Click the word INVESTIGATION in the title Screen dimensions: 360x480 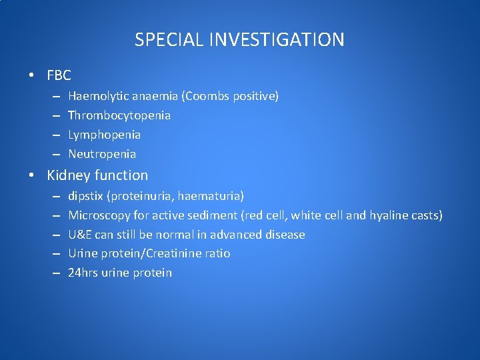(x=279, y=40)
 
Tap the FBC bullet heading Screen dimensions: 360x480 (x=59, y=75)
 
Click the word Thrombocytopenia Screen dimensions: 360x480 (x=119, y=115)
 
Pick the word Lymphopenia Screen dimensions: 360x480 (x=104, y=135)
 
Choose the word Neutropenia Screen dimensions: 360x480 (x=102, y=154)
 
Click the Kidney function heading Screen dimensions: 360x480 (x=97, y=175)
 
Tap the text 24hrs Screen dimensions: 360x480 (x=83, y=273)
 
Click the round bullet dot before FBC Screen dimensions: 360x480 (x=31, y=76)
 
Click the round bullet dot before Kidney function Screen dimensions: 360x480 (x=31, y=176)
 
